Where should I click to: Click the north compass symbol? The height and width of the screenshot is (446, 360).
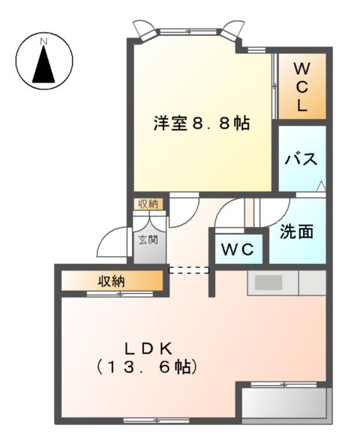click(x=44, y=61)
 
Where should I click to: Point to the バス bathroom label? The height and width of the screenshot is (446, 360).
click(x=302, y=159)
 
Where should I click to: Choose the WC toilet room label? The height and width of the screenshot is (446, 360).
click(x=239, y=249)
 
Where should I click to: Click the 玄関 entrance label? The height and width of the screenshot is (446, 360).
click(x=148, y=241)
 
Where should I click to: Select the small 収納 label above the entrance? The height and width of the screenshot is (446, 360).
click(x=148, y=204)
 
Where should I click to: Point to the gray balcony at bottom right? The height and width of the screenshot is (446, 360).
click(x=284, y=403)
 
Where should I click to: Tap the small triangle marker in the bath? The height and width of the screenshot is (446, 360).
click(x=321, y=186)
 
